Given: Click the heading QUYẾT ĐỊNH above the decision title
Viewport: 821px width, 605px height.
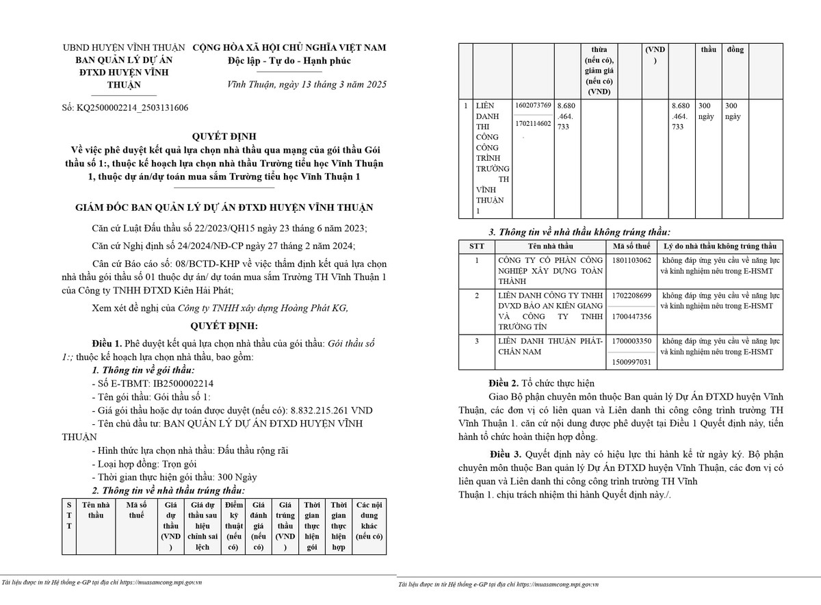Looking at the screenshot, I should click(x=224, y=136).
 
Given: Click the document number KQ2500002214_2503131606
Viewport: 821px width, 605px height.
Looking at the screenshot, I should click(x=135, y=108).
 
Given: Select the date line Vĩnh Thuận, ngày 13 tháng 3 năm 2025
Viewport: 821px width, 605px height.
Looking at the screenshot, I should click(x=307, y=85).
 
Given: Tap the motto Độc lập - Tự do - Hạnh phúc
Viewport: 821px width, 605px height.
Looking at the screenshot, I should click(x=289, y=61).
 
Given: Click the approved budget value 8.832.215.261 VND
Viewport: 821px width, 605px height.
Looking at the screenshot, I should click(x=332, y=410).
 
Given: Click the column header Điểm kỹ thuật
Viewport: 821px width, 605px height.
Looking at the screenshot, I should click(x=234, y=526).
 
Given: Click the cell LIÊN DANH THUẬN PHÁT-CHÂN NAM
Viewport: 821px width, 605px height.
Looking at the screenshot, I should click(x=551, y=346).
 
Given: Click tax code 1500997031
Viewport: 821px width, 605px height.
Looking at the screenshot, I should click(x=632, y=362).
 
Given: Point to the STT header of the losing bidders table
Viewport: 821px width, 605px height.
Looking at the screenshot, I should click(x=477, y=246).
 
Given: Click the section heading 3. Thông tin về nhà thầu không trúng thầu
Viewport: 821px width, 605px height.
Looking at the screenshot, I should click(x=579, y=232).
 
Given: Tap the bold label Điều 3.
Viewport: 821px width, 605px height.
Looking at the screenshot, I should click(x=506, y=454).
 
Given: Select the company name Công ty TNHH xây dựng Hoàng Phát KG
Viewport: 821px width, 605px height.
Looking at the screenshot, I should click(x=263, y=308).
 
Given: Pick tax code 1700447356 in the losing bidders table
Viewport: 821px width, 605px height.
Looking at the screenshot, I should click(x=632, y=316).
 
